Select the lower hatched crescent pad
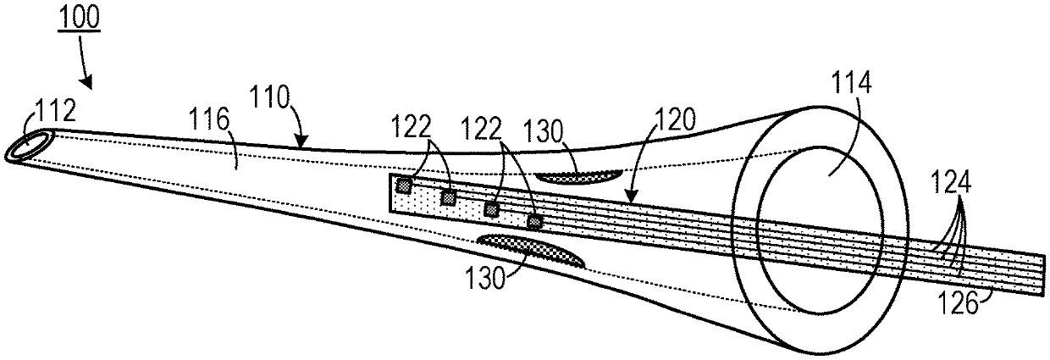(x=531, y=250)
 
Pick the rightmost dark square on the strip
(x=534, y=222)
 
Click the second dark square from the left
(x=449, y=197)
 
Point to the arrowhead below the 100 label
(x=89, y=84)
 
